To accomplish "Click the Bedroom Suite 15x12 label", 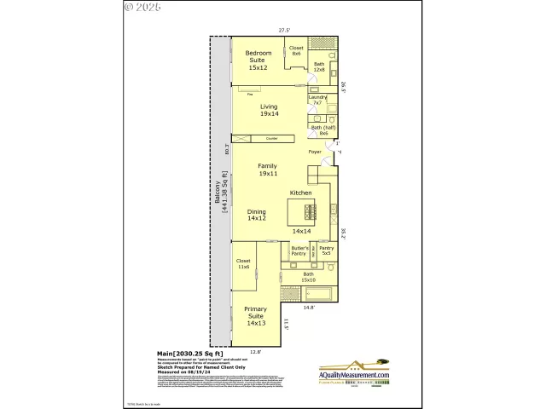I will coord(258,60).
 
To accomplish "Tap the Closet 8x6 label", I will coord(297,51).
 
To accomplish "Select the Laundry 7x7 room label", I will coord(317,100).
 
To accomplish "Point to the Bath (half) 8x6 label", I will coord(323,130).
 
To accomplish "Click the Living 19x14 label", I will coord(269,110).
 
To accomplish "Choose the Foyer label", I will coord(315,153).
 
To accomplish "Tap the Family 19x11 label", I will coord(268,170).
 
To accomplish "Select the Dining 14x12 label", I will coord(257,215).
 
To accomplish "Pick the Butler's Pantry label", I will coord(299,251).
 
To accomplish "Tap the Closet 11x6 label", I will coord(243,264).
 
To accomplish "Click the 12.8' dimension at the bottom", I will coord(254,351).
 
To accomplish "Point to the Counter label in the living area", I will coord(271,138).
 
